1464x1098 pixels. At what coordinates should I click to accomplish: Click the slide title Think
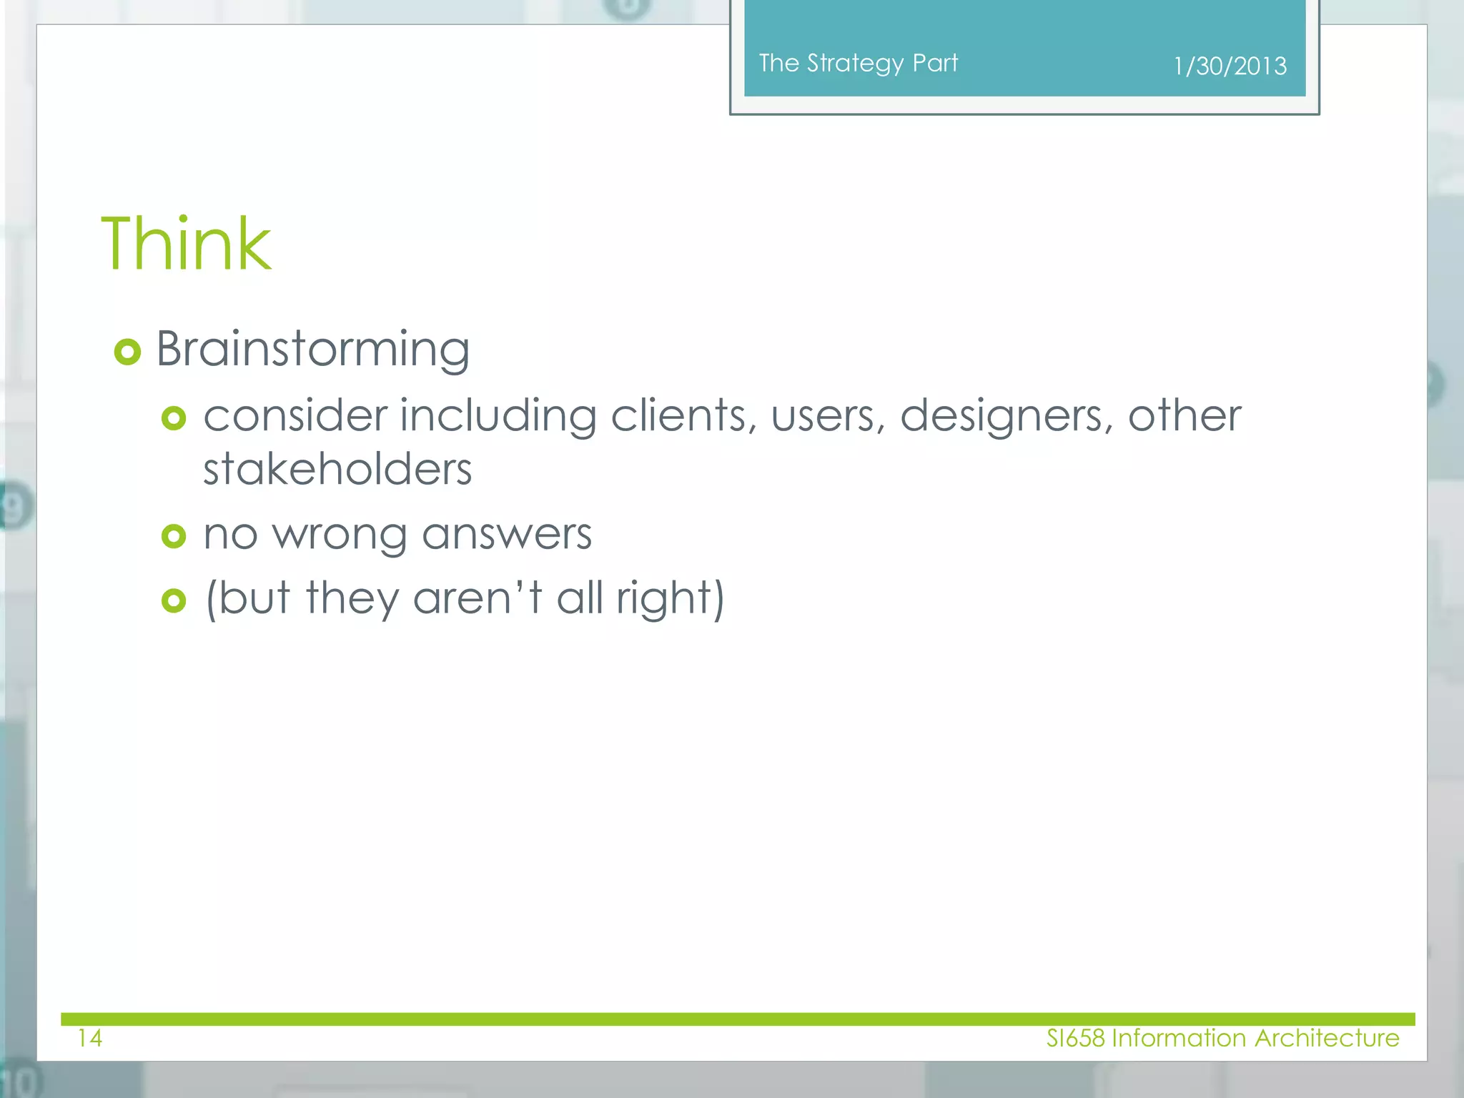coord(186,244)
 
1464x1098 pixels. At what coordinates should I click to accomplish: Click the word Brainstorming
coord(312,350)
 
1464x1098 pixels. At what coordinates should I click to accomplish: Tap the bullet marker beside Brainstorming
coord(127,352)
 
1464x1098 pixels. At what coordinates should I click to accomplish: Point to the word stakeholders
coord(337,470)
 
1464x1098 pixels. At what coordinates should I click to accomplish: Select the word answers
coord(507,535)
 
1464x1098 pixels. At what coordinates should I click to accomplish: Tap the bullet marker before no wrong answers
coord(174,535)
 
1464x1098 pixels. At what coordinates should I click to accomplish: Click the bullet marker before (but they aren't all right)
coord(174,600)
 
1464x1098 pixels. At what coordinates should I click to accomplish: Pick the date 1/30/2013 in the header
coord(1230,66)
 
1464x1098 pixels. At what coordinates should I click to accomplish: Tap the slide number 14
coord(90,1038)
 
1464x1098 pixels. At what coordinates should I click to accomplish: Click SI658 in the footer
coord(1075,1038)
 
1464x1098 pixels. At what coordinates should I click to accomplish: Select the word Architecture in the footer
coord(1327,1038)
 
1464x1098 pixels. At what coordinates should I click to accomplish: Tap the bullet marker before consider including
coord(174,417)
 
